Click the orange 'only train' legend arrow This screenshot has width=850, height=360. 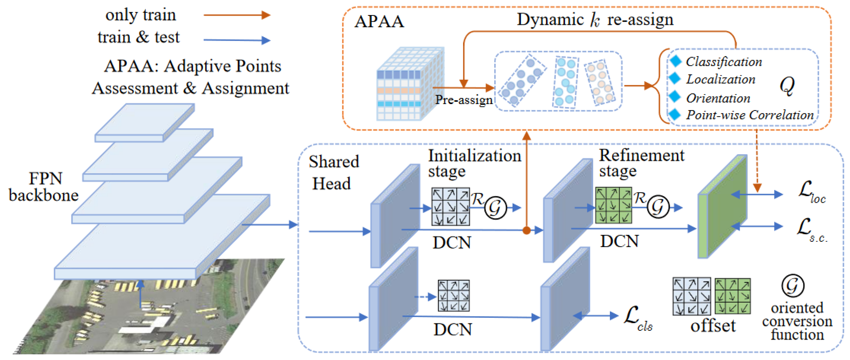[x=237, y=15]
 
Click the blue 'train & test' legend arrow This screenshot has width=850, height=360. [x=237, y=40]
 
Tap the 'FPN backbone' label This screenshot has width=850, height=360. [x=44, y=187]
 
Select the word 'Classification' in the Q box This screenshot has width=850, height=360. [x=724, y=62]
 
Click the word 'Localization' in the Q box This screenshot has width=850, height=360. [x=721, y=79]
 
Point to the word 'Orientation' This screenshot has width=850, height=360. [x=718, y=98]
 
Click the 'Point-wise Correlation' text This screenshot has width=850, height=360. [x=750, y=115]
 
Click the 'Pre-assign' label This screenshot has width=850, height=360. [x=464, y=100]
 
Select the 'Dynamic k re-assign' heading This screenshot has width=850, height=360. [x=595, y=19]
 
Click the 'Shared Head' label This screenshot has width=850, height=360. [x=333, y=172]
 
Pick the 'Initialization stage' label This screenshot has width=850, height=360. [x=474, y=163]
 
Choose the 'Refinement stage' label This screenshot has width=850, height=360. [x=641, y=163]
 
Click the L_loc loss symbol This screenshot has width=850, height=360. [x=812, y=192]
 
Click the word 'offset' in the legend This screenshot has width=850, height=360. [x=713, y=326]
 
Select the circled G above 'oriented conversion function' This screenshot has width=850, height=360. [x=793, y=286]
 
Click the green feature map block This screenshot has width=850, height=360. [x=722, y=206]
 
